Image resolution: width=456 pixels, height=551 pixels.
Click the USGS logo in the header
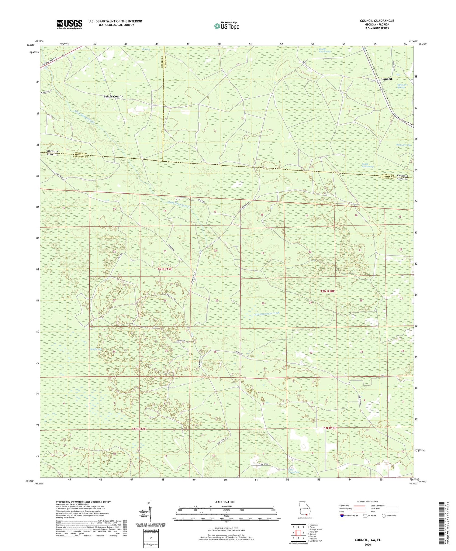pos(69,24)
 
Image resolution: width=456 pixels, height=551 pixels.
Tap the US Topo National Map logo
pos(226,26)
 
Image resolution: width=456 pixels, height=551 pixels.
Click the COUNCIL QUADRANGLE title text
pos(377,21)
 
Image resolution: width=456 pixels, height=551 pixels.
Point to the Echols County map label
pos(113,96)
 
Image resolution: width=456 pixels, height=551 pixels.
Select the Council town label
pos(386,79)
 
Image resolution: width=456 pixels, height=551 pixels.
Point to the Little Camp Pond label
pos(294,471)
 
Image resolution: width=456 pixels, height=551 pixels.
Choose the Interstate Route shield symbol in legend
pos(342,516)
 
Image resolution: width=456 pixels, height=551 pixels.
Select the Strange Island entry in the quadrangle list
pos(315,529)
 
